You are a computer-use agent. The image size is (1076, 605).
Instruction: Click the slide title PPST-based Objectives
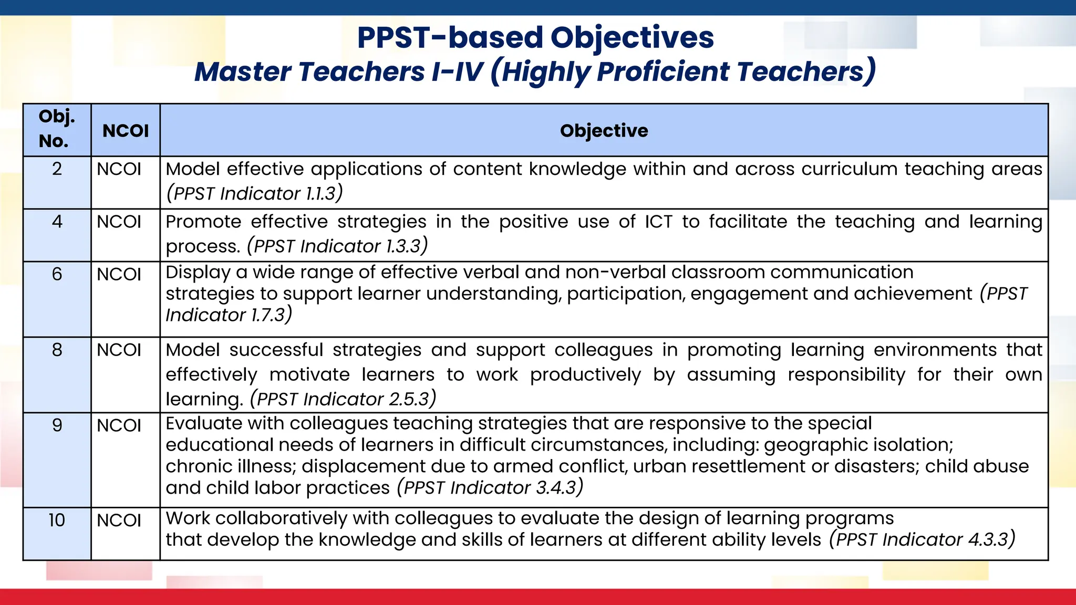tap(535, 38)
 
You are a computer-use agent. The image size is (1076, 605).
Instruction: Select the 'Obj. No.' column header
tap(57, 129)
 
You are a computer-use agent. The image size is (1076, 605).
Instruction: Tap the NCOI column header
tap(126, 131)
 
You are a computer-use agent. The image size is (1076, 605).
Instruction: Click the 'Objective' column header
tap(604, 131)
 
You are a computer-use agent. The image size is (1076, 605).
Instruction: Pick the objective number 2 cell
tap(57, 169)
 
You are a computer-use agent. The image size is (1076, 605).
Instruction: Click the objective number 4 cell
tap(57, 222)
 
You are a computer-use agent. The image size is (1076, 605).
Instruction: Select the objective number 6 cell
tap(57, 274)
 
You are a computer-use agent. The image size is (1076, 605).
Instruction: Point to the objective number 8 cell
tap(57, 350)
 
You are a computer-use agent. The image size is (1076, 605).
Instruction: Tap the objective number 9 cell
tap(57, 425)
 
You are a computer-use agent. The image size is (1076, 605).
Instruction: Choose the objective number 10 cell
tap(57, 520)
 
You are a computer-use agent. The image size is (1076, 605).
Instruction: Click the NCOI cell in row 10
tap(119, 520)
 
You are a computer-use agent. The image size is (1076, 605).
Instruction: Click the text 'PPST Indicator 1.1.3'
tap(254, 194)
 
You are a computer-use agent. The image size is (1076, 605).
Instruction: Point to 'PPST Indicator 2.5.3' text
tap(343, 400)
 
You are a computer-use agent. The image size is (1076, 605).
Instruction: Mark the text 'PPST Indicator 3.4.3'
tap(490, 488)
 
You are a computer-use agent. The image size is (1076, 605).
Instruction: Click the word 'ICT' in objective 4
tap(658, 222)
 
